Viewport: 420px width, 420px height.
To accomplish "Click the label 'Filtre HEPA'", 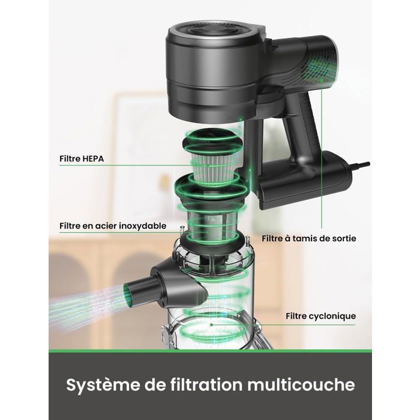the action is pos(82,158).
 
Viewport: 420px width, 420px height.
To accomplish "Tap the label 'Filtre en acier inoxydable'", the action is pos(113,226).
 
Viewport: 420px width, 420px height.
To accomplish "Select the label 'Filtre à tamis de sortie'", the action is pos(309,238).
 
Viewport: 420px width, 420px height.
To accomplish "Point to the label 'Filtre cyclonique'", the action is pos(320,316).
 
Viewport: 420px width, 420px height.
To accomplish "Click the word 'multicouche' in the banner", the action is pos(301,385).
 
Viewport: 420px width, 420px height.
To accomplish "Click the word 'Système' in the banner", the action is pos(103,386).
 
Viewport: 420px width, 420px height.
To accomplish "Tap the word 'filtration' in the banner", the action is pos(206,385).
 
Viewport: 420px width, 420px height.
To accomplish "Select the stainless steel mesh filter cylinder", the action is pos(209,224).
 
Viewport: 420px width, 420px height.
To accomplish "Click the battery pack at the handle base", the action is pos(302,180).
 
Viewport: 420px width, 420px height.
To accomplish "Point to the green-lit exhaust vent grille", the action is pos(322,67).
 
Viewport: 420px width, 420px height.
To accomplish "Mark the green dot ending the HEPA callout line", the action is pos(208,166).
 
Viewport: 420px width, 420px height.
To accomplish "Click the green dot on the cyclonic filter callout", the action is pos(211,325).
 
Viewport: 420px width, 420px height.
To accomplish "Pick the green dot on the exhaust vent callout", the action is pos(322,80).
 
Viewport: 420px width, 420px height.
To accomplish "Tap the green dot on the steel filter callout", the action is pos(208,232).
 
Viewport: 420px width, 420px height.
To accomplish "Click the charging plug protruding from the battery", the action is pos(360,165).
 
